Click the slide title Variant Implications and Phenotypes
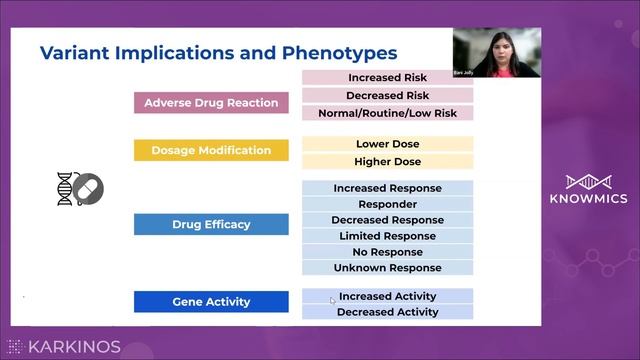coord(217,53)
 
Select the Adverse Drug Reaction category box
coord(211,103)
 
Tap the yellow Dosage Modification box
coord(211,151)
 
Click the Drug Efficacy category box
coord(211,225)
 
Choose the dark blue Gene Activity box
coord(211,301)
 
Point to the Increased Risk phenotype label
coord(388,78)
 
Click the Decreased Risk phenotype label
coord(388,95)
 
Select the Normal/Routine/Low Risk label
coord(388,113)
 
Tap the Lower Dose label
coord(388,144)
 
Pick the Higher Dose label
coord(388,161)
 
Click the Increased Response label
coord(388,188)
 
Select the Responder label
coord(388,204)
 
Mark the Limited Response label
coord(388,236)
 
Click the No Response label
coord(388,252)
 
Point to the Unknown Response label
coord(388,268)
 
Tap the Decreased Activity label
coord(388,312)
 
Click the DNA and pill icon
coord(80,189)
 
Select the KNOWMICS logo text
coord(589,199)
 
